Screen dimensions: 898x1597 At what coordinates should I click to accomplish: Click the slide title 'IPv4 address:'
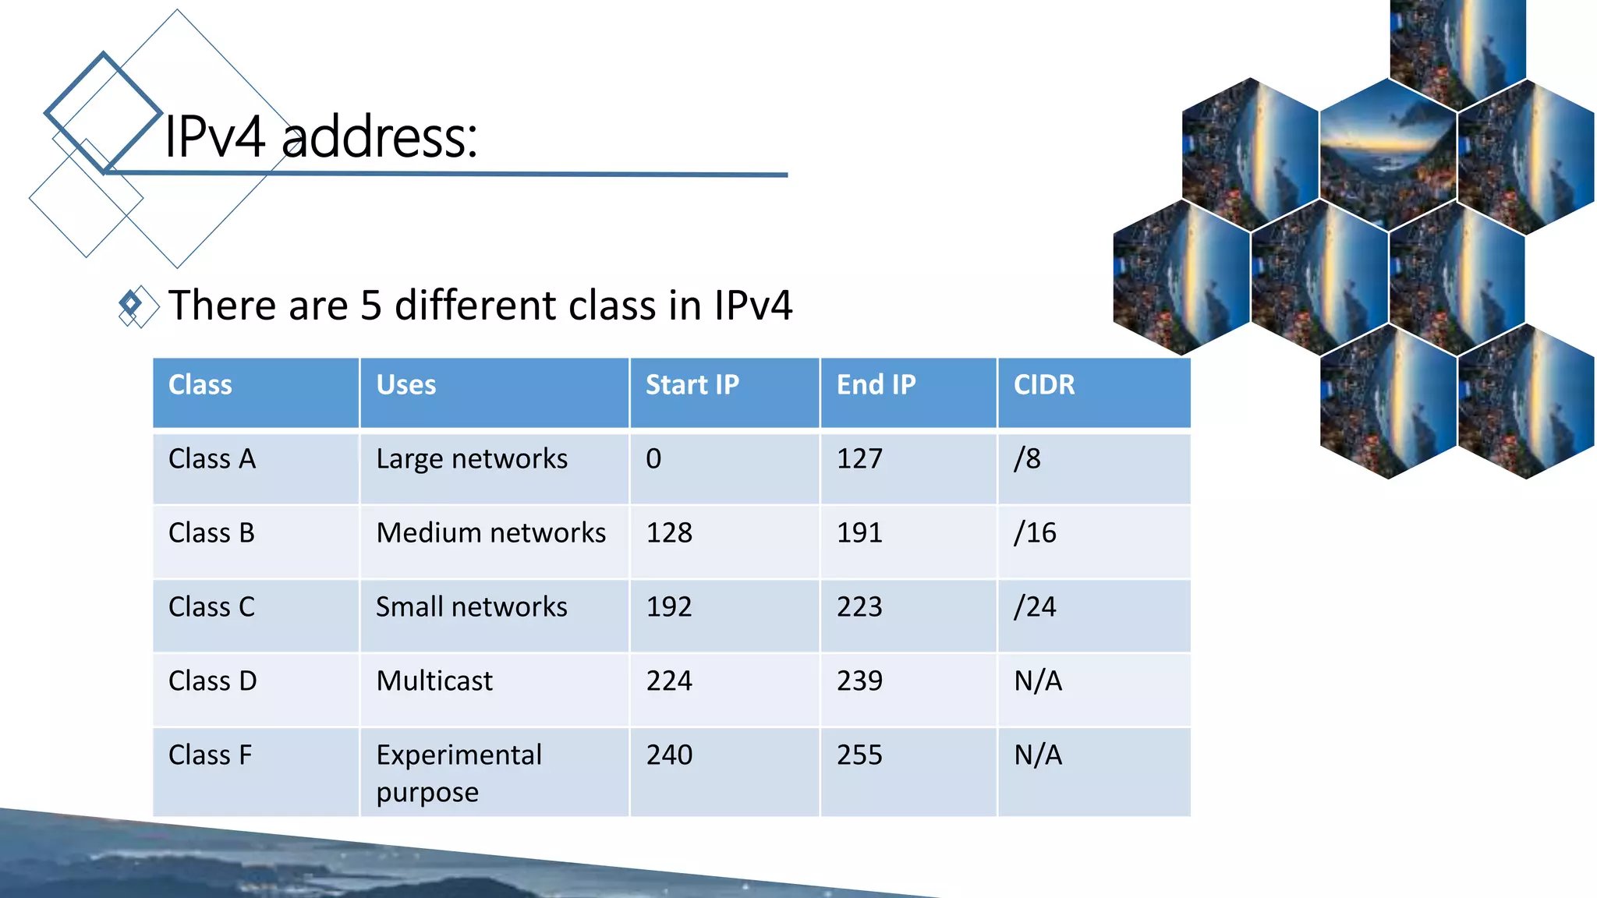point(320,137)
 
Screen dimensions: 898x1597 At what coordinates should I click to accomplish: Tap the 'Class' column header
point(200,385)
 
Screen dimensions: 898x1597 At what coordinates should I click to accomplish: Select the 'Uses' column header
point(406,385)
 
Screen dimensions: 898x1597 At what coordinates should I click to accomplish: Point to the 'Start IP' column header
point(692,385)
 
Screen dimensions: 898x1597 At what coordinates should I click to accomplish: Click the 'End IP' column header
point(876,385)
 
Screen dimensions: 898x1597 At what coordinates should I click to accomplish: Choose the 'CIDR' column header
point(1043,385)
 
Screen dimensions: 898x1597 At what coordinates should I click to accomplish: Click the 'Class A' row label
point(212,459)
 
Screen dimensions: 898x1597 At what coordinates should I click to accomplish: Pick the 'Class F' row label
point(211,755)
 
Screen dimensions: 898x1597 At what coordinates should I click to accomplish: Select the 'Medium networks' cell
point(490,533)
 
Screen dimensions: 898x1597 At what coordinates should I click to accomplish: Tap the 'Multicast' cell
point(434,681)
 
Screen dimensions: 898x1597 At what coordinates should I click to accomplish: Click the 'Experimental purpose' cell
point(459,772)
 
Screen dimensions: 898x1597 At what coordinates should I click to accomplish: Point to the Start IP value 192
point(669,607)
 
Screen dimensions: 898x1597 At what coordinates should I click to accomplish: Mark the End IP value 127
point(859,459)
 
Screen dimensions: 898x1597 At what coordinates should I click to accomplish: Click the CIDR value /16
point(1035,533)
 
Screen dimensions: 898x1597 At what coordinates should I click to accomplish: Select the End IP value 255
point(859,755)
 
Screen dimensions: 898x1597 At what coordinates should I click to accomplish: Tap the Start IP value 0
point(653,459)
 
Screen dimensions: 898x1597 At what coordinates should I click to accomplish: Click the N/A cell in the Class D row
point(1038,681)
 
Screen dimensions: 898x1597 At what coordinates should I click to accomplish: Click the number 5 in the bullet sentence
point(371,305)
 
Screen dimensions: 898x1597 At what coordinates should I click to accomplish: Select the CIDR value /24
point(1035,607)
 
